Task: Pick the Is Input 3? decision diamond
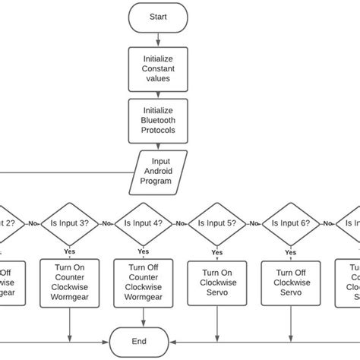tap(70, 223)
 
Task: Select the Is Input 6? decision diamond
tap(292, 223)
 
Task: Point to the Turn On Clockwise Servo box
tap(216, 283)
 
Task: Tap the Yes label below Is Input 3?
tap(70, 251)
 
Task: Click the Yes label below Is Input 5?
tap(216, 251)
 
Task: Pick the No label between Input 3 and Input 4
tap(106, 223)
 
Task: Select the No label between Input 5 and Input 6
tap(254, 223)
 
